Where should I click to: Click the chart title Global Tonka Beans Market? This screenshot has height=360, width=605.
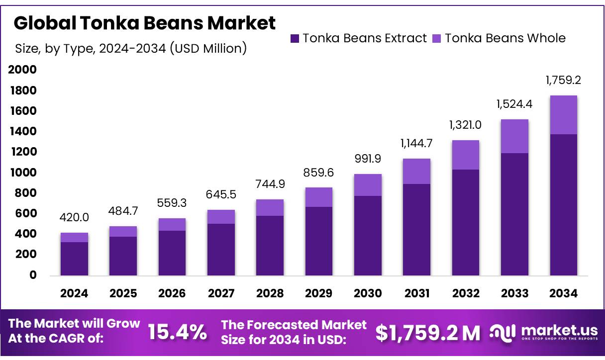144,23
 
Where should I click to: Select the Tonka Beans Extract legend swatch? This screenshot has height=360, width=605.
295,38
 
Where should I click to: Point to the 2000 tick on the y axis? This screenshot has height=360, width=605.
22,70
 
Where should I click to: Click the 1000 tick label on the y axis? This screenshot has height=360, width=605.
22,173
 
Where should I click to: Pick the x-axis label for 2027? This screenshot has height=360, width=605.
221,293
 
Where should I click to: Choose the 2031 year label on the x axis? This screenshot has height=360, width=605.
416,293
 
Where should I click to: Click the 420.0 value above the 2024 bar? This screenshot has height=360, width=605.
74,217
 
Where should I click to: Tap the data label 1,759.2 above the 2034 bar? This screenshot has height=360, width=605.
563,80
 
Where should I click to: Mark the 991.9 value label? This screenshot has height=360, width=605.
368,159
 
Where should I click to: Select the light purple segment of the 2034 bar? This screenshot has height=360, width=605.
563,115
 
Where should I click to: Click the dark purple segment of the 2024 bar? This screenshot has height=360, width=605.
74,259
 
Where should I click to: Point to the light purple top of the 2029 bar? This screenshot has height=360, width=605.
319,197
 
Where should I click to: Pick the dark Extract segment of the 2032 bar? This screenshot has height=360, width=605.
466,222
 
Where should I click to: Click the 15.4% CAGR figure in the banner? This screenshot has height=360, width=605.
178,332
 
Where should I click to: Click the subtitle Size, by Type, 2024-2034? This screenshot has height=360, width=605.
131,48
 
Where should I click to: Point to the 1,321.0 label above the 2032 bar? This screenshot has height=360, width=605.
466,125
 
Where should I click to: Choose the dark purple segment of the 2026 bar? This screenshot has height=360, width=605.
172,253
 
